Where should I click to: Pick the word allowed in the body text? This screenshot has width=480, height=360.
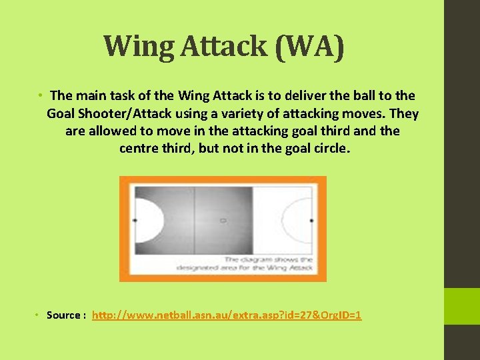(x=115, y=131)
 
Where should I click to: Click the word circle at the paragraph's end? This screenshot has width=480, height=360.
(x=326, y=148)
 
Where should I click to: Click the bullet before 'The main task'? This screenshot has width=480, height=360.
(x=41, y=96)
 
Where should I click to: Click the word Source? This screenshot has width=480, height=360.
(x=63, y=315)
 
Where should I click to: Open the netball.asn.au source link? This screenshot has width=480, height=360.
(x=227, y=315)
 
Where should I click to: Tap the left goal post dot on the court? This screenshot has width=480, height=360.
(x=135, y=219)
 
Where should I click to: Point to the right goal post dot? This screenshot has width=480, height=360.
(x=312, y=219)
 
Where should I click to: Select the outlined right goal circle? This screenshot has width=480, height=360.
(x=297, y=219)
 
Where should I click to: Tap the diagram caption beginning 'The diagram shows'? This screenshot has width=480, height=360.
(x=245, y=263)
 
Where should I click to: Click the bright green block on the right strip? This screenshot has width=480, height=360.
(x=462, y=306)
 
